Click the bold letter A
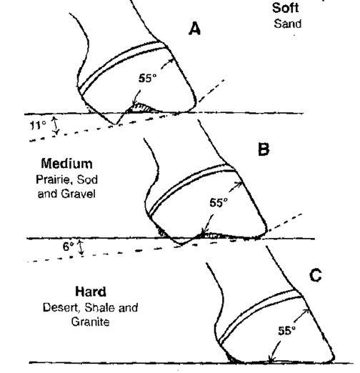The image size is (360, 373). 194,29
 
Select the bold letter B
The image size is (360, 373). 264,149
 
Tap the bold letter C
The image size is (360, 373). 316,275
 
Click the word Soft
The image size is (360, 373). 286,8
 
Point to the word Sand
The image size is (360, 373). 288,24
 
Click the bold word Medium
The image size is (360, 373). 66,164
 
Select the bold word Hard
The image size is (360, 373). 91,292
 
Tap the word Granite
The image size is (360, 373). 91,322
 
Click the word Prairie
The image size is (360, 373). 51,180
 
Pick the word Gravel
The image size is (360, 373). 79,194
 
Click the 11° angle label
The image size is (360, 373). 38,125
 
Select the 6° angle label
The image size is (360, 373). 69,247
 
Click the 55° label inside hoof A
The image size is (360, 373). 148,78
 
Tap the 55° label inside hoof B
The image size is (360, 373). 219,203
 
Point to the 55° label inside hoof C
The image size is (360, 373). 287,331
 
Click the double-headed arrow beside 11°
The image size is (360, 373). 56,126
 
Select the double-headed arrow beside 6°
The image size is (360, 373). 81,248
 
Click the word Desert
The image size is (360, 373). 61,308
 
